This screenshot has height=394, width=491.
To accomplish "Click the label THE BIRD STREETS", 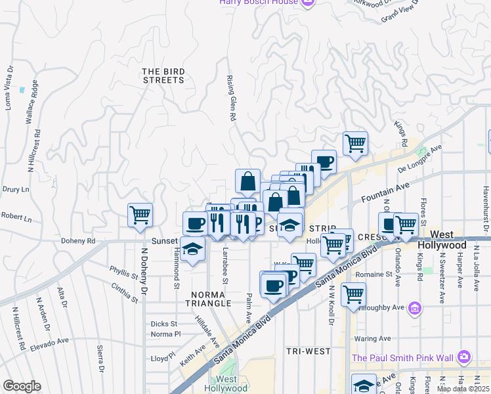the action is pyautogui.click(x=163, y=76).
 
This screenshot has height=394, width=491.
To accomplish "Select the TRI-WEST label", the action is pyautogui.click(x=309, y=351).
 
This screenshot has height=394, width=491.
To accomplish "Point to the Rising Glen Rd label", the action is pyautogui.click(x=232, y=97).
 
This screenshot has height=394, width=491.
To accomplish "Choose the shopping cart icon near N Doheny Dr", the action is pyautogui.click(x=140, y=215).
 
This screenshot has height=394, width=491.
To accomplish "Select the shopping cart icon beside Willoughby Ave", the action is pyautogui.click(x=354, y=294).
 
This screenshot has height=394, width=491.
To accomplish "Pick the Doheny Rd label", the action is pyautogui.click(x=79, y=241).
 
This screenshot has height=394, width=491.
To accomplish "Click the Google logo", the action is pyautogui.click(x=22, y=386).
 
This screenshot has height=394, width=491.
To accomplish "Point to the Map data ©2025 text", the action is pyautogui.click(x=463, y=389).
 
